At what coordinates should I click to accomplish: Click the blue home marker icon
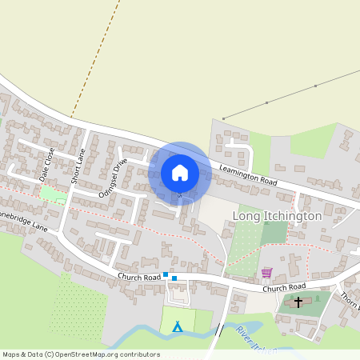pos(180,173)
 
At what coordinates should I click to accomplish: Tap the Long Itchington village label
pos(276,216)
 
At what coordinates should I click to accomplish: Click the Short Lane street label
pos(78,166)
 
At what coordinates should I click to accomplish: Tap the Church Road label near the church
pos(284,286)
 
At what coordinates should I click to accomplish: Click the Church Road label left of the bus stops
pos(140,276)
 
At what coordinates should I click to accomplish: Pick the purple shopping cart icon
pos(266,273)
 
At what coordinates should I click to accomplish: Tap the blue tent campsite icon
pos(178,326)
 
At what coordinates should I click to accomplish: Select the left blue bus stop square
pos(166,274)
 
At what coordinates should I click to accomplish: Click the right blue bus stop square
pos(174,278)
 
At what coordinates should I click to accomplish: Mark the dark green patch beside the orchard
pos(274,232)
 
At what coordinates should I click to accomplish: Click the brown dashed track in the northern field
pos(96,56)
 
